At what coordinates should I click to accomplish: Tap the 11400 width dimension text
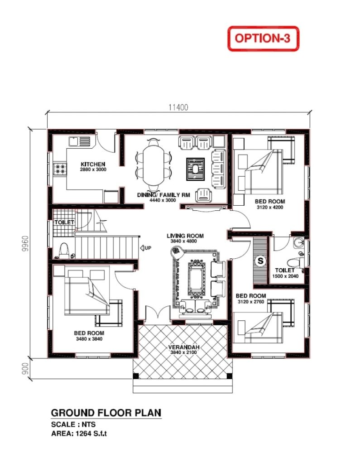(x=178, y=107)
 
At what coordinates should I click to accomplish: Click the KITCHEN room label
(x=93, y=164)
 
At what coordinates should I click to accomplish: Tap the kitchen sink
(x=80, y=141)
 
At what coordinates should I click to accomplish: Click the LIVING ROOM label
(x=185, y=236)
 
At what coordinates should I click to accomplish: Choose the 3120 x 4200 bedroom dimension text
(x=269, y=207)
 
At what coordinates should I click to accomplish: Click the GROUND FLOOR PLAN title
(x=106, y=413)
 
